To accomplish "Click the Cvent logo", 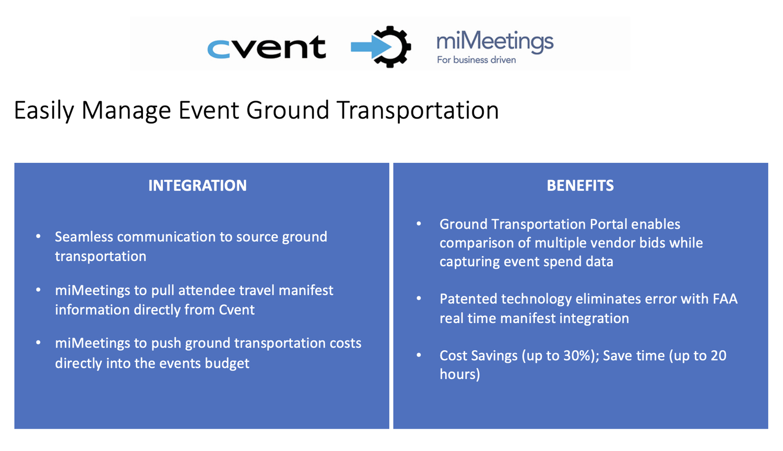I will point(266,47).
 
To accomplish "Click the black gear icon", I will point(393,47).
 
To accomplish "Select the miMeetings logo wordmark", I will point(494,42).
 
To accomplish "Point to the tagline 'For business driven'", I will point(476,60).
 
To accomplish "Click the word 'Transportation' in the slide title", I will point(418,111).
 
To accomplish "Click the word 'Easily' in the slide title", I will point(44,111).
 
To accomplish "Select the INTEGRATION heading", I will point(197,185).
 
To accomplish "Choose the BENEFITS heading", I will point(580,185).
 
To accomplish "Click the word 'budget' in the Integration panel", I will point(227,363).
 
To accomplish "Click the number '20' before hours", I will point(718,356).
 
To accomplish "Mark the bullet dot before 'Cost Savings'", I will point(419,355).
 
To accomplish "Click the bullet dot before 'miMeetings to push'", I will point(38,343).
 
